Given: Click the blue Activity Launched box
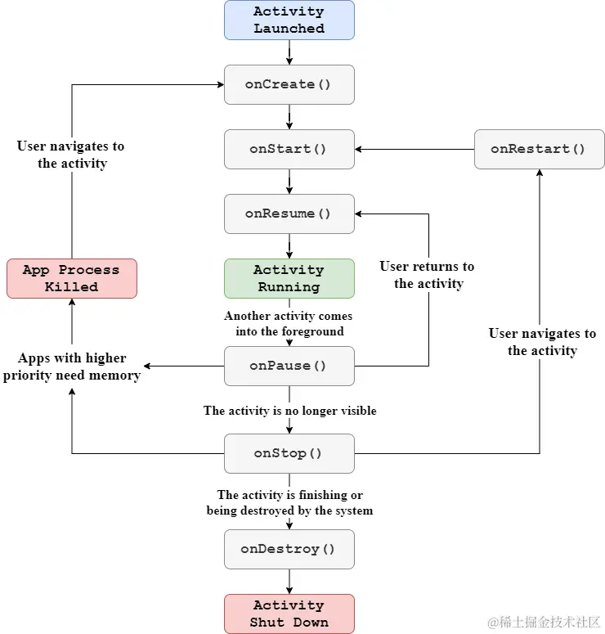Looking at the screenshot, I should (x=289, y=20).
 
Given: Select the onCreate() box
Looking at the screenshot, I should (x=289, y=84).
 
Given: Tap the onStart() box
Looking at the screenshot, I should (x=289, y=149).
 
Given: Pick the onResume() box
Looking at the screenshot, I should (x=289, y=214).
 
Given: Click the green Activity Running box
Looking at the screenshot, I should (x=289, y=278).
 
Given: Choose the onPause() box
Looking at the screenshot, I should (x=289, y=366).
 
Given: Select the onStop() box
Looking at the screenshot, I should (x=289, y=453).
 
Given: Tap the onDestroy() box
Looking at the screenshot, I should (x=289, y=549).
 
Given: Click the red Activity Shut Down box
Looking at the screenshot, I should (x=289, y=614).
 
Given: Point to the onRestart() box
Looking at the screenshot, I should (x=539, y=149).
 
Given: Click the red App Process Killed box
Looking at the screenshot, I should (x=71, y=278).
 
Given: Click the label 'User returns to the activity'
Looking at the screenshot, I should (x=427, y=275).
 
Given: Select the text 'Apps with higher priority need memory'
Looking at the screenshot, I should (x=72, y=366).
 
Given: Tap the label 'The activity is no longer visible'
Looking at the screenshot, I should (x=289, y=411).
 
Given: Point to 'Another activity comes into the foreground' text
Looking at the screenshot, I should (x=289, y=323).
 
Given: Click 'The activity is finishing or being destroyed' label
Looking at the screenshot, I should (x=289, y=502).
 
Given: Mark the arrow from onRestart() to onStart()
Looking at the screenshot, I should (x=415, y=149).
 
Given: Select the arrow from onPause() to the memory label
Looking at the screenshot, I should (x=184, y=366).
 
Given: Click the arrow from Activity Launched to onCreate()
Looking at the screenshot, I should (x=289, y=52).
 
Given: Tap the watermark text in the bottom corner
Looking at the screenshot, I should (x=544, y=622).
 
